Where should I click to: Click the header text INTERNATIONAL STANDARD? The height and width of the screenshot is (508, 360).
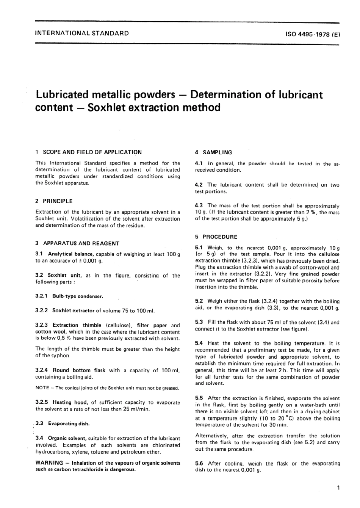pos(81,33)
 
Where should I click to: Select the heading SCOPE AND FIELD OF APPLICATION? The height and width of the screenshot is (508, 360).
pos(92,152)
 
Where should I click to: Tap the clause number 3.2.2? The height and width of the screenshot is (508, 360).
pos(41,310)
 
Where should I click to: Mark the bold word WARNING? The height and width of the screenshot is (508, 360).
pos(49,463)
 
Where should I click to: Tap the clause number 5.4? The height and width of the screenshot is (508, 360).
pos(199,343)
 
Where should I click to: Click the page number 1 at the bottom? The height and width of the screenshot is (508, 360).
pos(338,488)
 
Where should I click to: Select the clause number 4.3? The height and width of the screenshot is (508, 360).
pos(199,205)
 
